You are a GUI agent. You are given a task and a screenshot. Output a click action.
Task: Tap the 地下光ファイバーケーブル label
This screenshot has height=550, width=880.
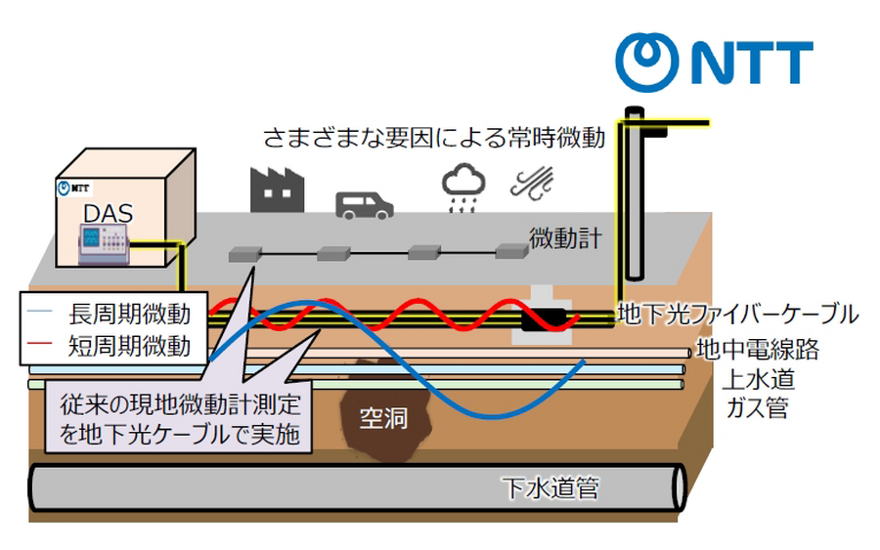point(738,315)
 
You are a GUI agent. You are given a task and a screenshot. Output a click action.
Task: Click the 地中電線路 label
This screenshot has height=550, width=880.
point(757,347)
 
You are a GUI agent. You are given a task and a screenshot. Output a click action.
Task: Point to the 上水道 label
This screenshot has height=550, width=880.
point(754,377)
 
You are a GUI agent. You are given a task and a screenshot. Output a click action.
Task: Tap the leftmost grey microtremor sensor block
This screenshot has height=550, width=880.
point(243,255)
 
